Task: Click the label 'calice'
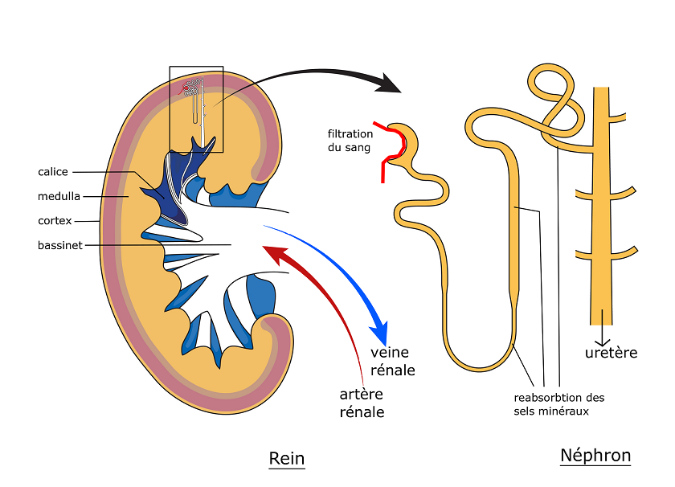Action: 53,172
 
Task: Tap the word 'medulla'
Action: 59,196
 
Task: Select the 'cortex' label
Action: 55,220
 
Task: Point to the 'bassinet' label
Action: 59,245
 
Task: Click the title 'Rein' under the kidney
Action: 287,458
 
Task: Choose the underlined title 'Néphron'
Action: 595,456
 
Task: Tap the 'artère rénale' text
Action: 362,403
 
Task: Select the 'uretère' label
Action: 611,353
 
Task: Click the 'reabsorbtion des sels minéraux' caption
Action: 558,404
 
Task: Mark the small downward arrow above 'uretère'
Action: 600,336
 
